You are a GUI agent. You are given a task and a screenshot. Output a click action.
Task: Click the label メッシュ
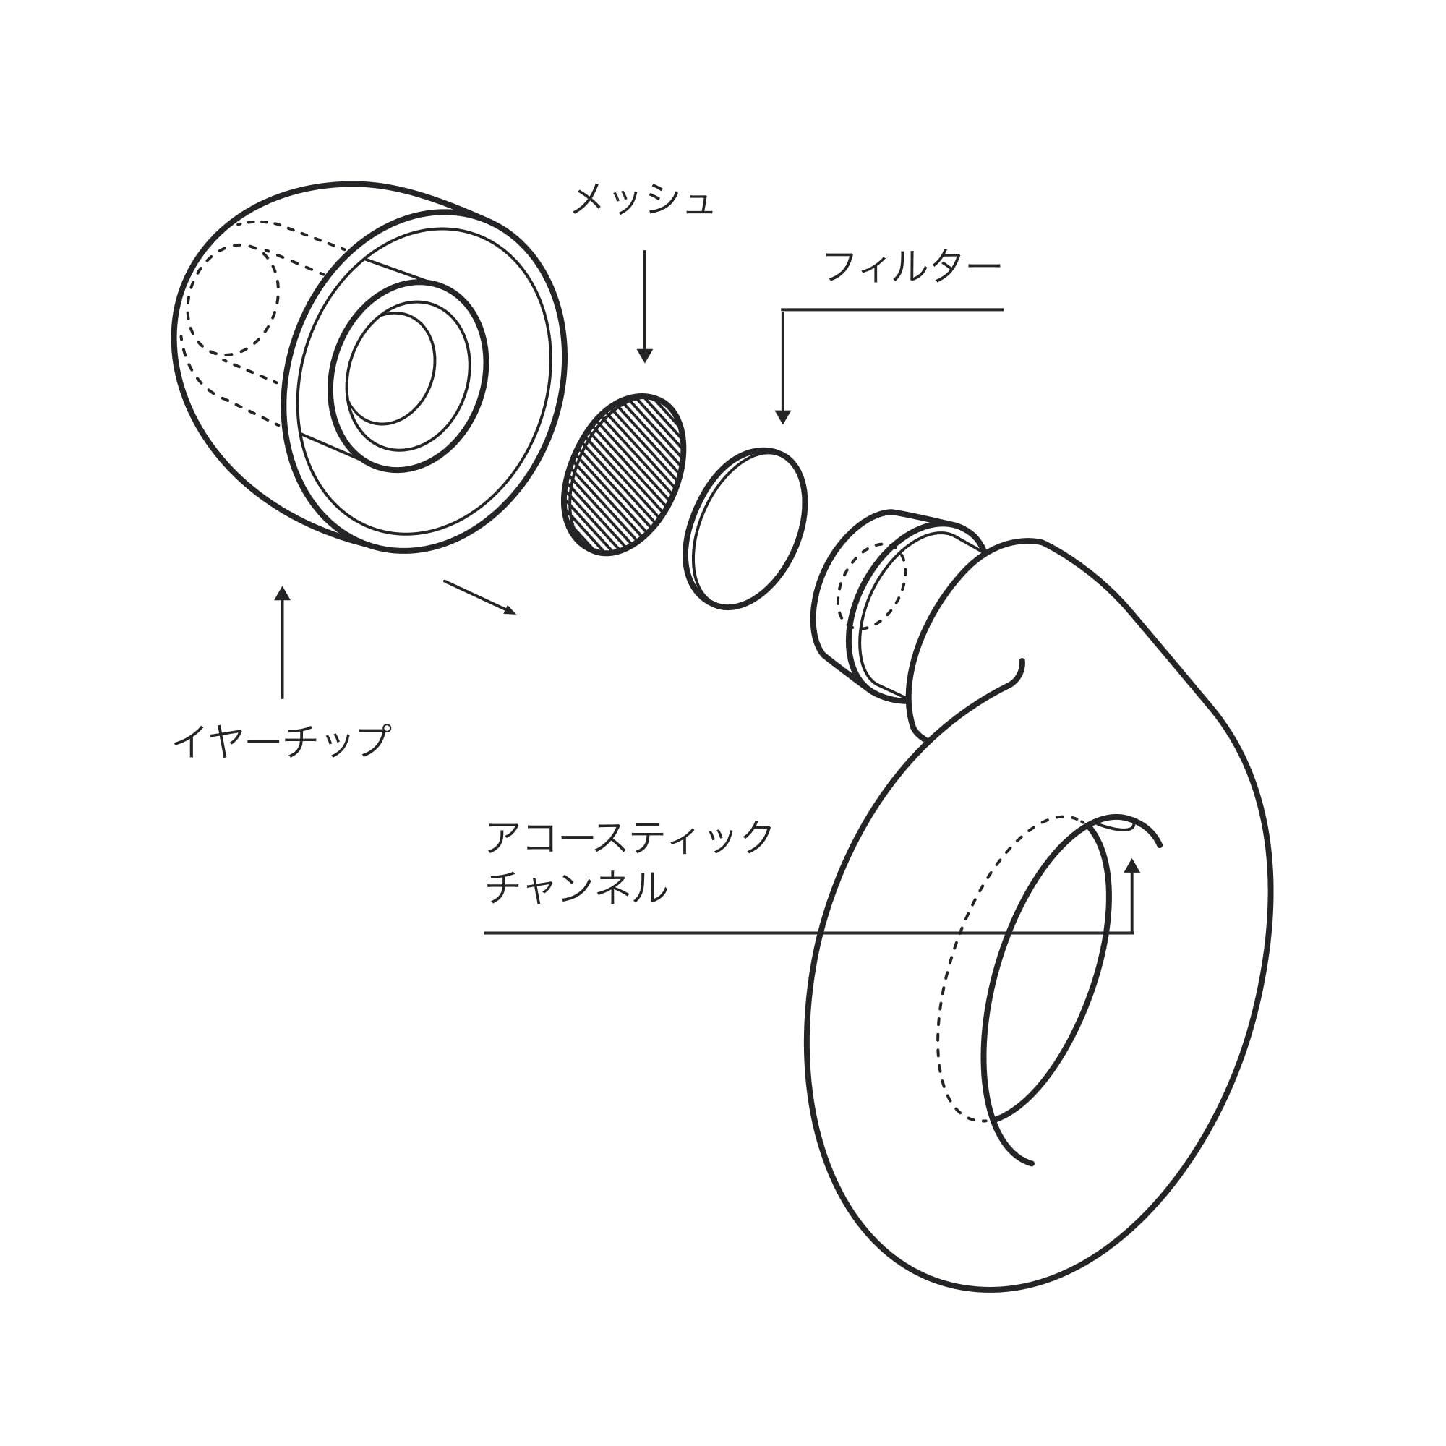pos(642,200)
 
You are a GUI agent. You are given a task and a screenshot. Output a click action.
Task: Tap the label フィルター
pos(912,267)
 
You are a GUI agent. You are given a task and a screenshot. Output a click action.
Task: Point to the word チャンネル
pos(576,889)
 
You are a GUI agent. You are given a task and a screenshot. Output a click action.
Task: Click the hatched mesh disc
pos(623,474)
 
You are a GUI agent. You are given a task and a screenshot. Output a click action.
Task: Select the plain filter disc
pos(745,529)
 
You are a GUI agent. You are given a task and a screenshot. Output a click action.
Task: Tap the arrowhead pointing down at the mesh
pos(644,356)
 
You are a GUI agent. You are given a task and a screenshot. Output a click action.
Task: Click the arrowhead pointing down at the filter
pos(783,417)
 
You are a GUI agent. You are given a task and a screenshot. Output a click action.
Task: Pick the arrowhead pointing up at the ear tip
pos(282,594)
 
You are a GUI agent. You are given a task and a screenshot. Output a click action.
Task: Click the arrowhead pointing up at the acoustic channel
pos(1132,866)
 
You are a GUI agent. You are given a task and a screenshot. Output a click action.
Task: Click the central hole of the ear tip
pos(391,368)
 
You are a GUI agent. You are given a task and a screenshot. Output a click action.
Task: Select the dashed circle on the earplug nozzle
pos(871,584)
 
